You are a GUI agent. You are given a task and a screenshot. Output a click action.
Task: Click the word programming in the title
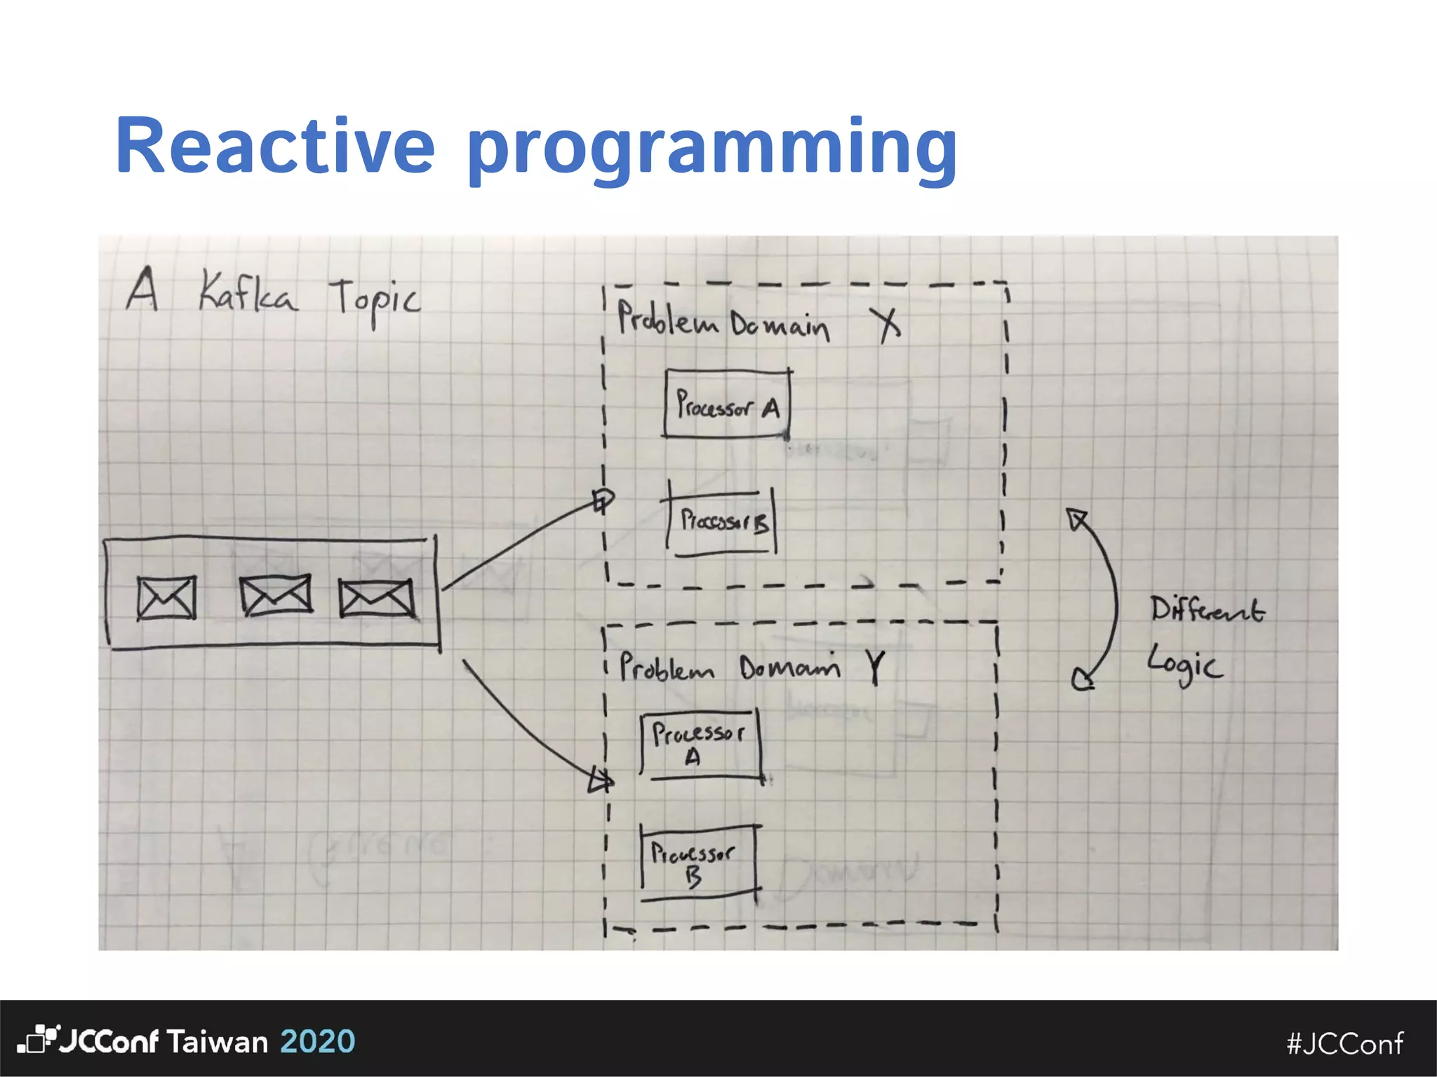pos(711,149)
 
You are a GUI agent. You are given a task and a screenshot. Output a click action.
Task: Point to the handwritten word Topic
pos(375,300)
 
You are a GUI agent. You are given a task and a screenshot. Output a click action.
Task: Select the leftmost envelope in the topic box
pos(166,598)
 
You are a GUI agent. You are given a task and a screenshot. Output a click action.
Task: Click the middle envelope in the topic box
pos(275,596)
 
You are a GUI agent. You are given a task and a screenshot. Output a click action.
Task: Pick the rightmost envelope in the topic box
pos(376,598)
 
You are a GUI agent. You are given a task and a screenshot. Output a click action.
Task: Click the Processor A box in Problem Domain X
pos(727,405)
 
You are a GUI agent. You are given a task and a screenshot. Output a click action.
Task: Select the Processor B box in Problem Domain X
pos(721,521)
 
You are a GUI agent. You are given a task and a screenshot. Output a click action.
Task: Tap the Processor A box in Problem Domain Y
pos(700,745)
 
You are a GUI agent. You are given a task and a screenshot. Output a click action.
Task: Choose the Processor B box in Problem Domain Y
pos(699,862)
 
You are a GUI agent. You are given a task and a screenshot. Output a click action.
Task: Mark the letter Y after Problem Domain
pos(875,666)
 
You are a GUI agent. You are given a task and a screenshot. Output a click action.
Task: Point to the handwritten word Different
pos(1207,610)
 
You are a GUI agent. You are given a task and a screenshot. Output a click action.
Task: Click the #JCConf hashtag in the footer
pos(1345,1043)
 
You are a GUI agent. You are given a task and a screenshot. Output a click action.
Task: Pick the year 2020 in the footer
pos(318,1041)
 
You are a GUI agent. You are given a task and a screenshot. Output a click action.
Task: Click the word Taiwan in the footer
pos(218,1042)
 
